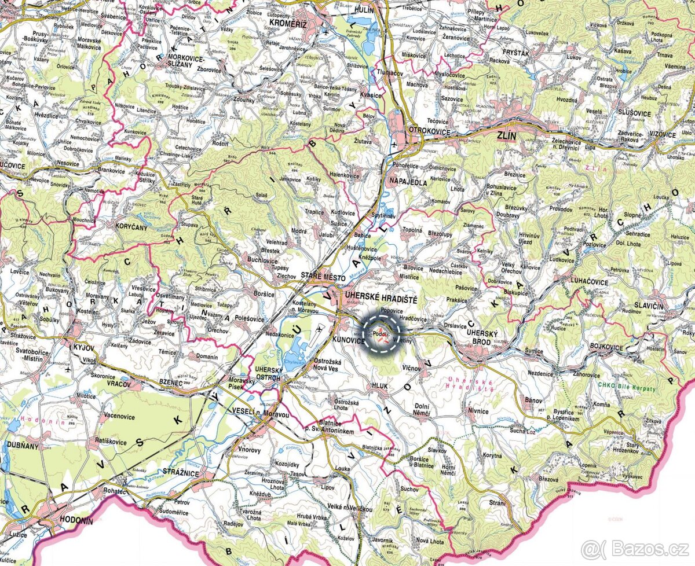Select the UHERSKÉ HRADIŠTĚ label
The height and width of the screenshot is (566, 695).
point(381,297)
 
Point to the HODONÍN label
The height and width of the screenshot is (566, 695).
point(72,521)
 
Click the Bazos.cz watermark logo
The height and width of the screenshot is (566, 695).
point(635,548)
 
